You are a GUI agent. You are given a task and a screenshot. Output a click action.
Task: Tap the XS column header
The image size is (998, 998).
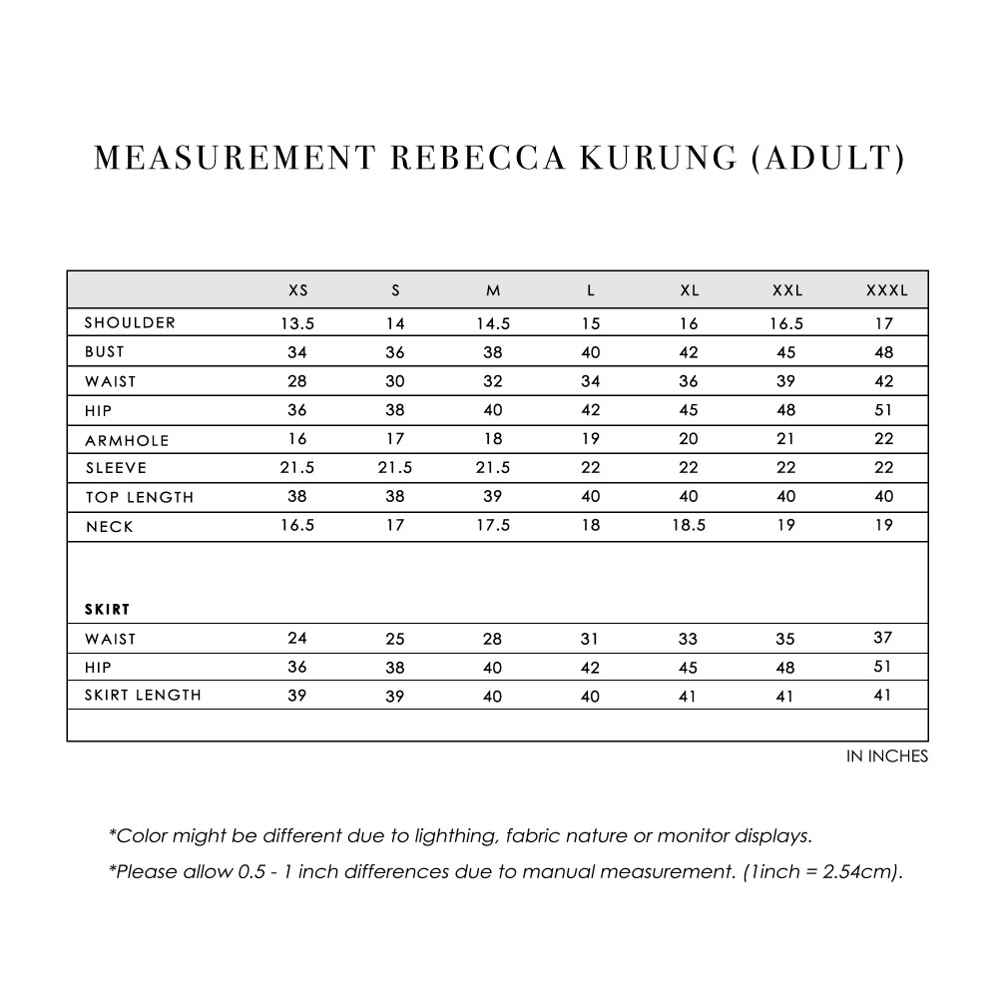pos(297,291)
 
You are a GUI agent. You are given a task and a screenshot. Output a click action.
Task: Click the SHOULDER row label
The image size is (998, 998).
pos(130,322)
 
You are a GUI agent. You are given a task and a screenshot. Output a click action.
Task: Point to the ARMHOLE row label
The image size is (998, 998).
pos(127,440)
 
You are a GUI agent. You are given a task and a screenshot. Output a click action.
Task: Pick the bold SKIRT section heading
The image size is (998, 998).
pos(108,608)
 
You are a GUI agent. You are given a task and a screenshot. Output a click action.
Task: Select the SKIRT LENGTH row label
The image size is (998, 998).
pos(143,696)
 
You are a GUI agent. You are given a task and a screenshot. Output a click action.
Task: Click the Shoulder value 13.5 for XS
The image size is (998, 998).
pos(297,323)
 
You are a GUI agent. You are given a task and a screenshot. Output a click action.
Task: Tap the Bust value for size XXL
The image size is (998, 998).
pos(786,352)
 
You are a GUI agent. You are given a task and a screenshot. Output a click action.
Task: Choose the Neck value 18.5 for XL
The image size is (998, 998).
pos(689,526)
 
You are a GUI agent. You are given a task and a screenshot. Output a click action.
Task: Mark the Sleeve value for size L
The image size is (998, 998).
pos(591,468)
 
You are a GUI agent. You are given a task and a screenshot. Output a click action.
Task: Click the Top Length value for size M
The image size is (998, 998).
pos(492,497)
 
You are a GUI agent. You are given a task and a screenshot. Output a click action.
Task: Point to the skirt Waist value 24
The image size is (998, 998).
pos(297,639)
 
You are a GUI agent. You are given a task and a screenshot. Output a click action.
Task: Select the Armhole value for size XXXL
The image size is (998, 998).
pos(883,439)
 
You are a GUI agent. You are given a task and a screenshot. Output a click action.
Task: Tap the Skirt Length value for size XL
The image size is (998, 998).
pos(689,697)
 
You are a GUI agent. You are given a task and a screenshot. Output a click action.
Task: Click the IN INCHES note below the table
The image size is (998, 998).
pos(886,756)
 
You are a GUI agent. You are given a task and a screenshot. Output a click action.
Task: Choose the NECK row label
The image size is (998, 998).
pos(109,527)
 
